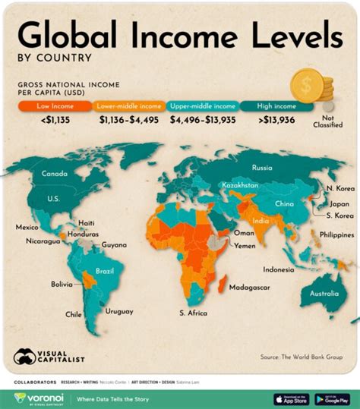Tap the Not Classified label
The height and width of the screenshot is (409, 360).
(333, 121)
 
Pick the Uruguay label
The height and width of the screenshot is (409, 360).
(119, 311)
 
